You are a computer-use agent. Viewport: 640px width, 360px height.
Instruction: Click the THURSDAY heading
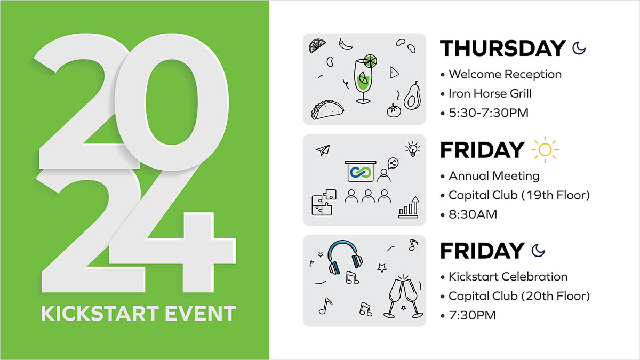click(x=503, y=48)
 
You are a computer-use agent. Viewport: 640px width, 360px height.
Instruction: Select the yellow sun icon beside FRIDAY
click(x=545, y=150)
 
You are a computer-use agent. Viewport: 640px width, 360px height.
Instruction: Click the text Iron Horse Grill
click(x=490, y=93)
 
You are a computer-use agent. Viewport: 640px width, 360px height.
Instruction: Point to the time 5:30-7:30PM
click(x=489, y=113)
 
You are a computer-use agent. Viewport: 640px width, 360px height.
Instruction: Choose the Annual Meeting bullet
click(x=494, y=175)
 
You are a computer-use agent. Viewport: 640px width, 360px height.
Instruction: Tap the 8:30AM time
click(x=473, y=214)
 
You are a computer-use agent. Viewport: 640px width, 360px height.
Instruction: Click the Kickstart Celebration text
click(x=508, y=277)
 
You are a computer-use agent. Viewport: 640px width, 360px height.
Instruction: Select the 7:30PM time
click(x=473, y=315)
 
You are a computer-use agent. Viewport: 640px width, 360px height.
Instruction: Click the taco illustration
click(x=327, y=109)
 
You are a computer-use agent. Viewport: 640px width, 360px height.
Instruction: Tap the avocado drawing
click(x=412, y=95)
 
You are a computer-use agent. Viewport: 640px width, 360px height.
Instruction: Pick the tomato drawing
click(x=394, y=110)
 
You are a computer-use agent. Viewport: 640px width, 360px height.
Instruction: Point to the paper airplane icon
click(x=323, y=150)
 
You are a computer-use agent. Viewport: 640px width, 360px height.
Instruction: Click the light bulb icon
click(x=413, y=149)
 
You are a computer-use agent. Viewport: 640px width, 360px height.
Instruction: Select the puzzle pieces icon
click(x=324, y=202)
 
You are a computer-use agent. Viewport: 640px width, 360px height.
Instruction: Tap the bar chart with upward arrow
click(x=409, y=207)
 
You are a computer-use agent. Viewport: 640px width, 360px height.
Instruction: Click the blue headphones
click(x=345, y=257)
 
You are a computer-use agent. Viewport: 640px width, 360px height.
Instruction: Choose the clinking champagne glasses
click(x=403, y=297)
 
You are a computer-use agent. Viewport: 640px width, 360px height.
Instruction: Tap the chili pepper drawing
click(x=346, y=44)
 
